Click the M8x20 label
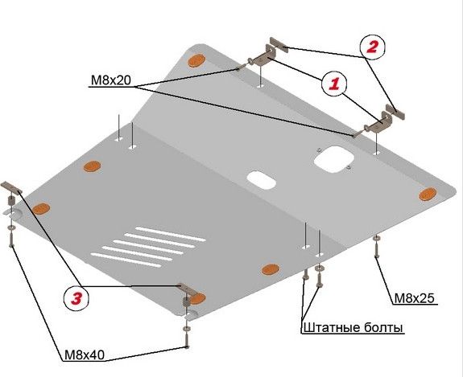110,80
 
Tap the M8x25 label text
414,297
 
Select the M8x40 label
87,354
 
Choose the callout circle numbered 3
76,298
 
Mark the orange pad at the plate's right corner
429,194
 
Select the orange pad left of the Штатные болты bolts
270,268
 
